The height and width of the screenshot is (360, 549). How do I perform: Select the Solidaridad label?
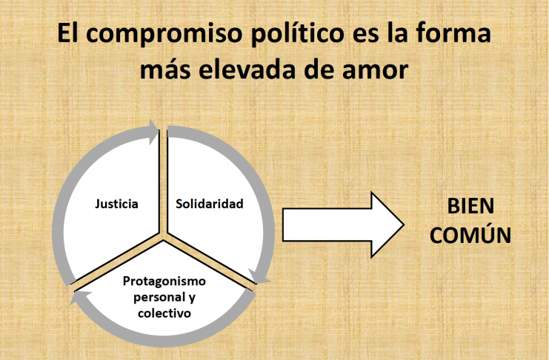point(209,203)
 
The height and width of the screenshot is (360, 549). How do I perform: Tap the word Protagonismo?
point(164,282)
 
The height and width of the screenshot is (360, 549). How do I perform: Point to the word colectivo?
point(164,313)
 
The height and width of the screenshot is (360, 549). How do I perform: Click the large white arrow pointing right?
point(342,224)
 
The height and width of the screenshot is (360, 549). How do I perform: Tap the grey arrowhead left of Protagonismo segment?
point(79,299)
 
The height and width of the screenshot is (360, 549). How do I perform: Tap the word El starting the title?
point(69,36)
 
